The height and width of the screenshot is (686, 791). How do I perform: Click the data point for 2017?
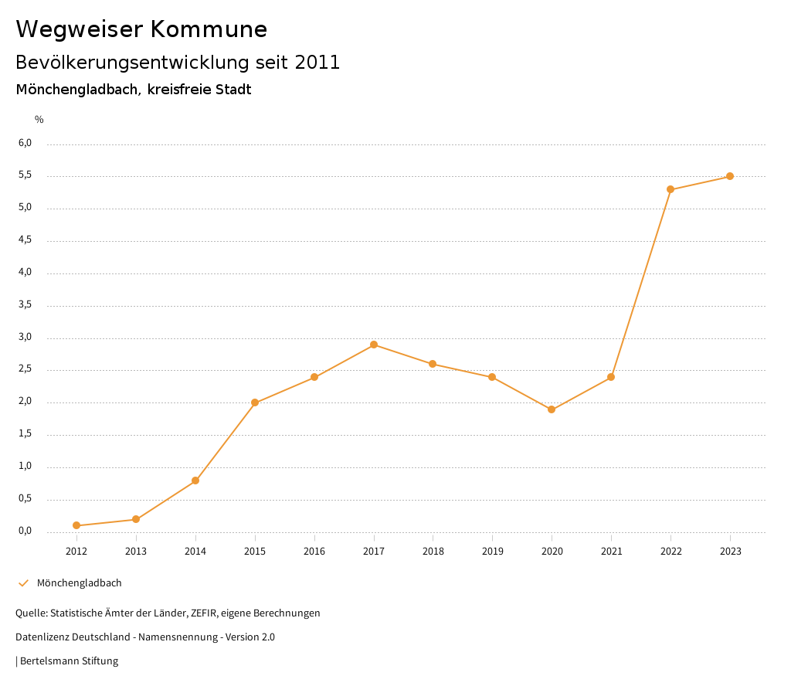374,345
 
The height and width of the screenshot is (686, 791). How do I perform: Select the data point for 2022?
670,189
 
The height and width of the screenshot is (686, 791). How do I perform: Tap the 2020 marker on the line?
552,409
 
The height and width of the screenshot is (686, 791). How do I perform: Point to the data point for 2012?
76,525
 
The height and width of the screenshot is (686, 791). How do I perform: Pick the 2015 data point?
255,402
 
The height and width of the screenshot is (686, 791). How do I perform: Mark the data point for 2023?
730,176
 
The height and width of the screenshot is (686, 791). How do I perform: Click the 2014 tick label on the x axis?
195,552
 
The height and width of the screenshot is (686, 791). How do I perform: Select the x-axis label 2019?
492,552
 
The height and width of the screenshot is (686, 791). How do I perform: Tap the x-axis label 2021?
611,552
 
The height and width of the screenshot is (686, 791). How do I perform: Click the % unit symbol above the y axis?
39,120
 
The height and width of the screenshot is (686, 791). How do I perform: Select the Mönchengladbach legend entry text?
80,583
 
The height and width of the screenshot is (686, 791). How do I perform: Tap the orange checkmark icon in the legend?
23,583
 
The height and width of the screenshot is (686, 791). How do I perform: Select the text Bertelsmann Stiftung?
69,661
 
